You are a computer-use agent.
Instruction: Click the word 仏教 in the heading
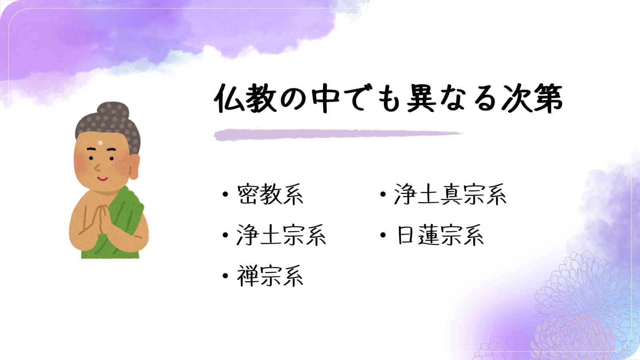click(245, 98)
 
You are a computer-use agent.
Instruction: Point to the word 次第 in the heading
click(532, 98)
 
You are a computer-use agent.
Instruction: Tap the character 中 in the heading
click(326, 98)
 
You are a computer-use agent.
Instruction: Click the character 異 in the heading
click(422, 98)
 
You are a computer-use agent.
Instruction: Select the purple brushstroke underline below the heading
click(338, 134)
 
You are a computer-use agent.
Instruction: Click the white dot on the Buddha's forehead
click(100, 143)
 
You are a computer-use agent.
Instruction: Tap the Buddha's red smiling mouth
click(102, 179)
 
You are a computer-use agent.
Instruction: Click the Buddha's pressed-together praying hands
click(100, 218)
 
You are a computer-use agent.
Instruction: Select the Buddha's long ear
click(134, 167)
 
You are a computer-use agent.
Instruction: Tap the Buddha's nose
click(98, 168)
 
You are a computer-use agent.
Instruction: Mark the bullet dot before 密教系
click(226, 194)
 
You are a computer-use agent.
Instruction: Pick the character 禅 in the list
click(248, 276)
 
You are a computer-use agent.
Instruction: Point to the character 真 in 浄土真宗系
click(450, 194)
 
